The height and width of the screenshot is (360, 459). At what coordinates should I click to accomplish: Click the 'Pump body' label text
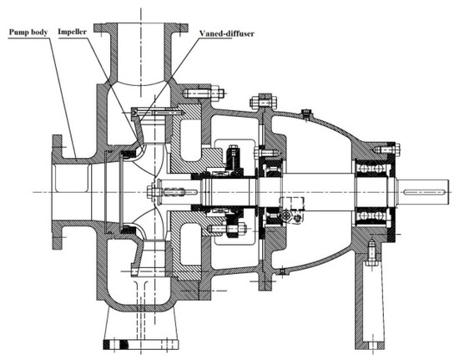[x=28, y=32]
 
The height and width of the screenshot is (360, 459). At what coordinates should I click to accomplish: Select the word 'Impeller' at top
[x=72, y=32]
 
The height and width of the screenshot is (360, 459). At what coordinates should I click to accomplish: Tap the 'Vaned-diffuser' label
[x=227, y=33]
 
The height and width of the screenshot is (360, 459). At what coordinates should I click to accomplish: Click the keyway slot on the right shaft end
[x=424, y=192]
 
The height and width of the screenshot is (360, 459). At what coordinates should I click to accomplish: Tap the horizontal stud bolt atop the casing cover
[x=204, y=94]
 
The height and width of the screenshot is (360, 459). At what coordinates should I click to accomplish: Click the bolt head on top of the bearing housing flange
[x=263, y=101]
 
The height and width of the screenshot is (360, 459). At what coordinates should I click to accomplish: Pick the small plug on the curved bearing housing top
[x=306, y=114]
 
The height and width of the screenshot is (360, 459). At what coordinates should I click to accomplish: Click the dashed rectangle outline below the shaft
[x=291, y=204]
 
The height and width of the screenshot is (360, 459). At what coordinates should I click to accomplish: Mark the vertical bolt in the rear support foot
[x=371, y=252]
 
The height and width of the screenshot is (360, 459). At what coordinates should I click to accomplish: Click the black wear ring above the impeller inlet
[x=128, y=154]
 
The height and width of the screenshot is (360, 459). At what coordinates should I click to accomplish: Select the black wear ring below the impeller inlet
[x=128, y=230]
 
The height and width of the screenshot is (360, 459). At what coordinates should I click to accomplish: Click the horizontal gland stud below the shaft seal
[x=226, y=228]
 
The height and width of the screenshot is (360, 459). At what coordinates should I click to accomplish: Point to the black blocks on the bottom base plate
[x=116, y=344]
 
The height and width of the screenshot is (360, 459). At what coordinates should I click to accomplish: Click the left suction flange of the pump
[x=57, y=192]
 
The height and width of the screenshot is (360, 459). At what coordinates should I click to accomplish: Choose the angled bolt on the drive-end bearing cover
[x=386, y=150]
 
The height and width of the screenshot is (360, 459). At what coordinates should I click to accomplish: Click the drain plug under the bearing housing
[x=281, y=271]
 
